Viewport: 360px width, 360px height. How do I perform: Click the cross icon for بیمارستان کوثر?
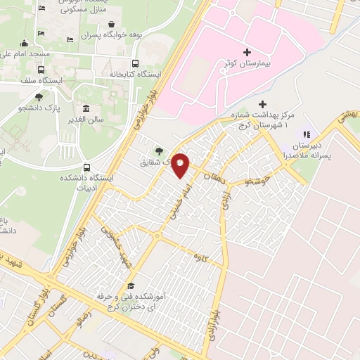247,52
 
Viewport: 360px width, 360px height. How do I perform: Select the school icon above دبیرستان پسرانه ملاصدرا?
305,134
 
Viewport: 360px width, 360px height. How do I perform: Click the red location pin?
181,165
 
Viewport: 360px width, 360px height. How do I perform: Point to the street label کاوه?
202,259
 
